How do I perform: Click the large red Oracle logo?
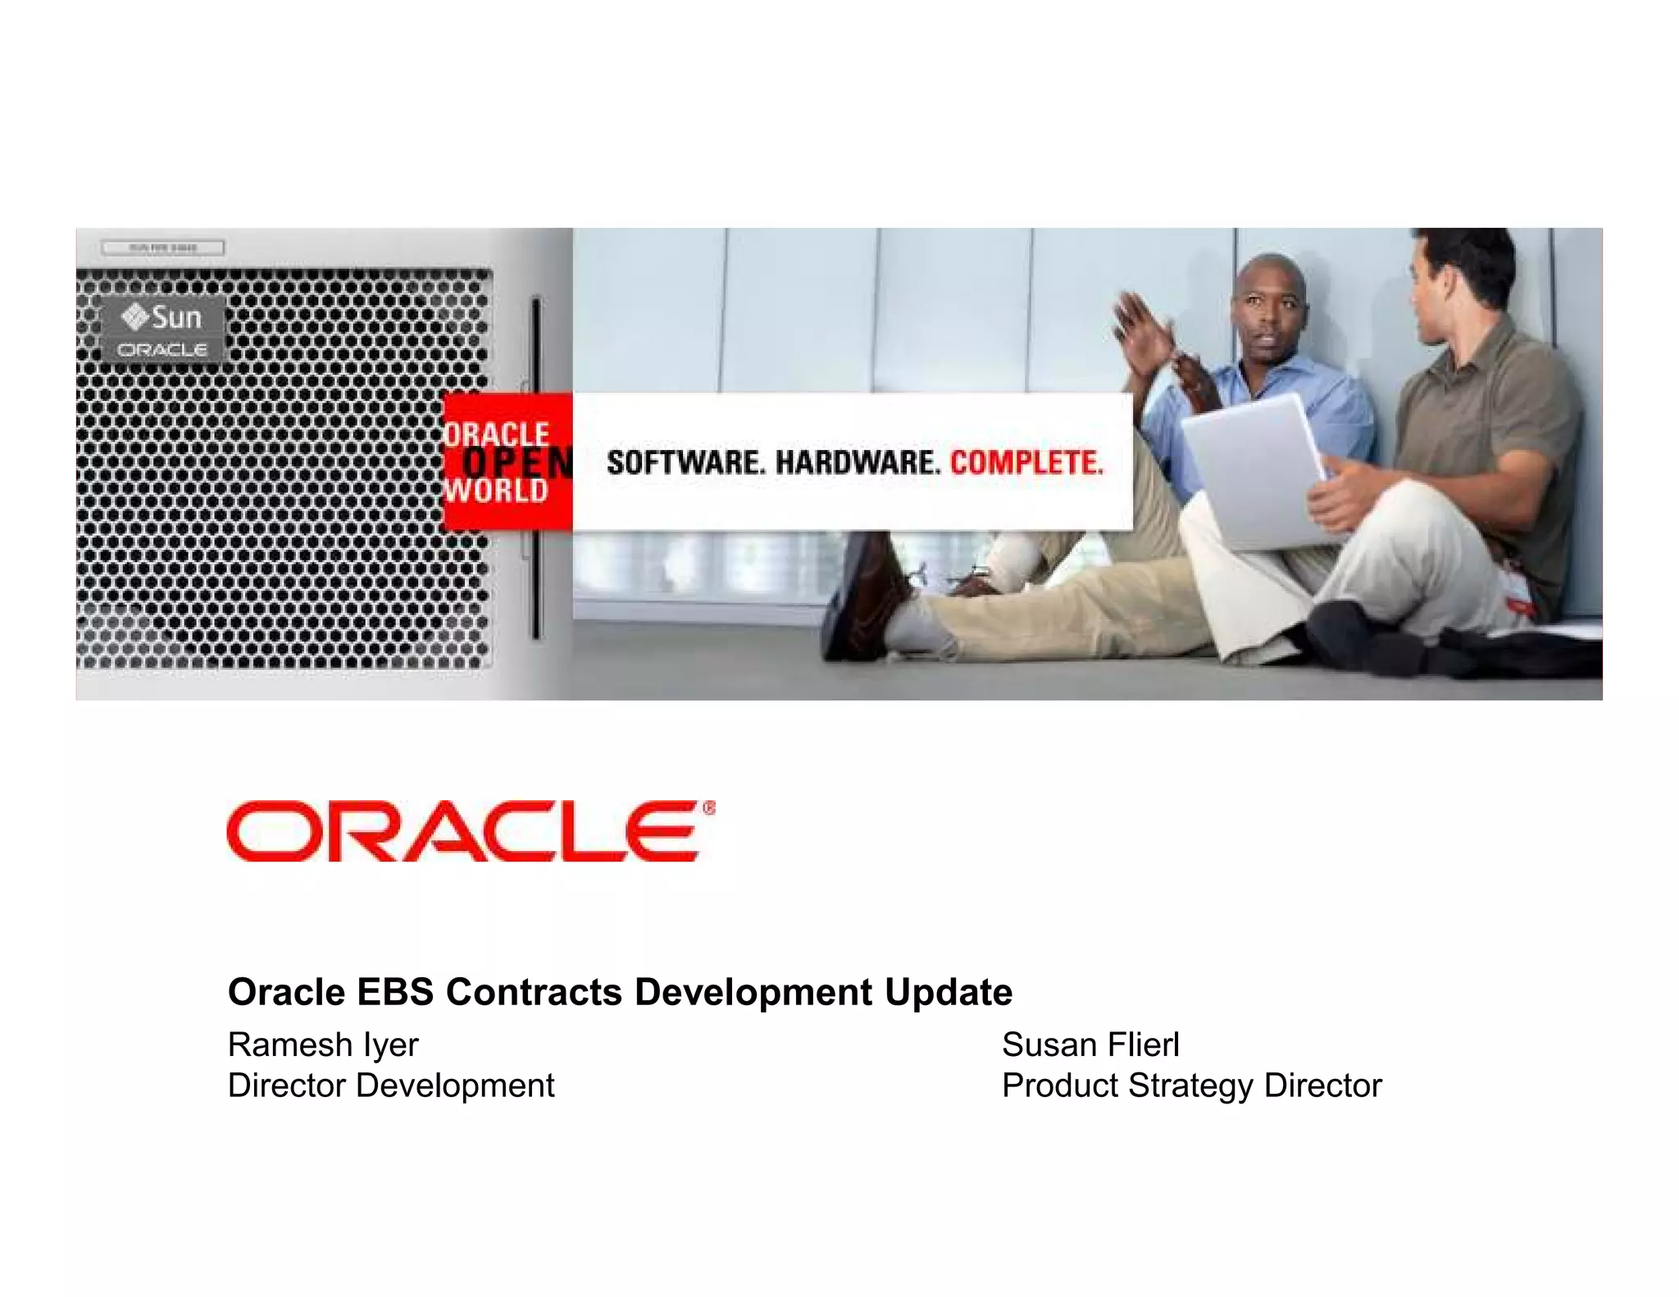coord(464,831)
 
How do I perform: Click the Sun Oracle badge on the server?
coord(162,330)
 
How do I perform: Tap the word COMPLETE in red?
coord(1026,463)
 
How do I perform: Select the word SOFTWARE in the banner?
coord(685,463)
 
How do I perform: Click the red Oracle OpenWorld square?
coord(507,462)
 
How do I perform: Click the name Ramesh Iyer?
coord(323,1045)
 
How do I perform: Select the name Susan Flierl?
coord(1090,1045)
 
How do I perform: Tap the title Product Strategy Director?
coord(1191,1085)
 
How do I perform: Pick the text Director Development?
coord(391,1085)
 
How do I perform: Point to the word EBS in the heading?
coord(395,992)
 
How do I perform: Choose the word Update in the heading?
coord(949,992)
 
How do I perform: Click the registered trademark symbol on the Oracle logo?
coord(709,809)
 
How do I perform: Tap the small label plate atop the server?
coord(162,248)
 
